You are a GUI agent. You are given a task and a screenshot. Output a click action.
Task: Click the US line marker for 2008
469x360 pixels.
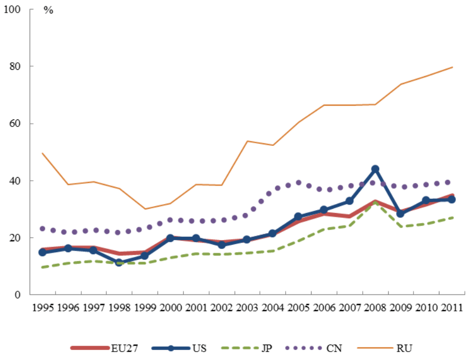click(376, 169)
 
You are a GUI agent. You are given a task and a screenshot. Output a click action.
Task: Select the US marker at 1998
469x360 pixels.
click(119, 262)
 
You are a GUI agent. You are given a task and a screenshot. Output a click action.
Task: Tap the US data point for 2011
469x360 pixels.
click(452, 199)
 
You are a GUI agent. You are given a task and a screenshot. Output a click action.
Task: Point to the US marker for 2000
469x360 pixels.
click(171, 238)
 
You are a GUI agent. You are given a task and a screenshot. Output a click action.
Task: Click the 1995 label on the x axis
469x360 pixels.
click(43, 308)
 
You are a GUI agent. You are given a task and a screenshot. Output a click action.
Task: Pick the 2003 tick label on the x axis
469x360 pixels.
click(247, 308)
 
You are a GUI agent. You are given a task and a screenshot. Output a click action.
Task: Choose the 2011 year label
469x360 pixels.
click(452, 308)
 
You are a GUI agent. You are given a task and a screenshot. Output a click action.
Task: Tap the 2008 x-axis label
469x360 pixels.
click(376, 308)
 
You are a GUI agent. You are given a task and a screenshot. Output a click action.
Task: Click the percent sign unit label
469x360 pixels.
click(49, 11)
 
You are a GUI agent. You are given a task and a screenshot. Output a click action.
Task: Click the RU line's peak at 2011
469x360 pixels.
click(452, 67)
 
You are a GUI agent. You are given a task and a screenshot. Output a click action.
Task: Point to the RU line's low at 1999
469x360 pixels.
click(145, 209)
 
